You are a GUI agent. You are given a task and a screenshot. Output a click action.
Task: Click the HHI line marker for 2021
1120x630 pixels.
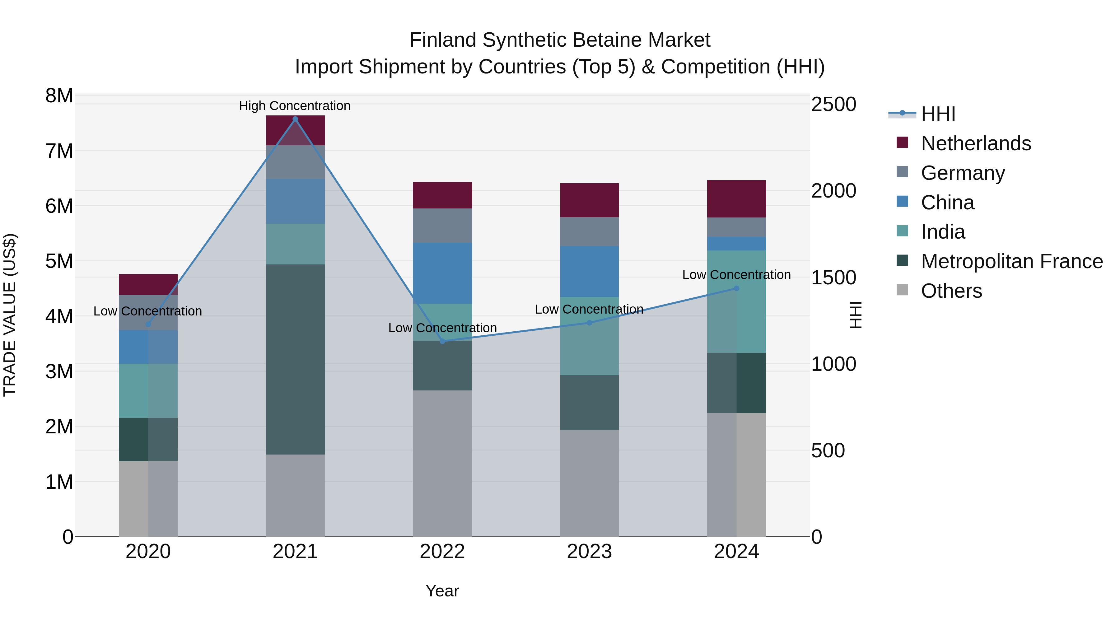pyautogui.click(x=295, y=119)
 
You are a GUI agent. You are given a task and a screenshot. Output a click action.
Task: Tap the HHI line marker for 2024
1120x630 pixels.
pyautogui.click(x=736, y=288)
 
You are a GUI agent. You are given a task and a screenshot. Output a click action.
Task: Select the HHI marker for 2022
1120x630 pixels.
pyautogui.click(x=443, y=341)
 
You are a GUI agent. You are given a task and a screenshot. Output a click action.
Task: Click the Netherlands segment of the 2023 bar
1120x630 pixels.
pyautogui.click(x=589, y=200)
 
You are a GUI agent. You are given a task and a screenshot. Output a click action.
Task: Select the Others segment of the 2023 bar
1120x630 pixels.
pyautogui.click(x=589, y=483)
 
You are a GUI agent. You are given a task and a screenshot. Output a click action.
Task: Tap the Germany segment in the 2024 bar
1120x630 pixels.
pyautogui.click(x=736, y=227)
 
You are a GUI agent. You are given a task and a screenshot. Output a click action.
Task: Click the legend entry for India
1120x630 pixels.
pyautogui.click(x=943, y=232)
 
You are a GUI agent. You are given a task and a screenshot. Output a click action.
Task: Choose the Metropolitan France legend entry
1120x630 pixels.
pyautogui.click(x=1011, y=262)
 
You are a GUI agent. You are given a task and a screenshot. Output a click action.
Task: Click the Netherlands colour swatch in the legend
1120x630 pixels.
pyautogui.click(x=902, y=142)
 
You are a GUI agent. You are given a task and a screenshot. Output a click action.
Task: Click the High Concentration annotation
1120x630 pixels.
pyautogui.click(x=295, y=106)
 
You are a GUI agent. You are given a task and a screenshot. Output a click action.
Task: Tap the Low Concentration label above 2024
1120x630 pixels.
pyautogui.click(x=736, y=275)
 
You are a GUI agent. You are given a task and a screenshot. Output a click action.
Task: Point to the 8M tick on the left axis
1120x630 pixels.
pyautogui.click(x=59, y=96)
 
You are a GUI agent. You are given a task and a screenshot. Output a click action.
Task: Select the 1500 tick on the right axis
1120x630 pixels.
pyautogui.click(x=833, y=278)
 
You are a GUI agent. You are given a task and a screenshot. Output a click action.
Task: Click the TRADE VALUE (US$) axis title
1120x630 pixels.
pyautogui.click(x=10, y=315)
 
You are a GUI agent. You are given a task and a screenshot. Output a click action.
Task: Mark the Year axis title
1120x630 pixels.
pyautogui.click(x=442, y=591)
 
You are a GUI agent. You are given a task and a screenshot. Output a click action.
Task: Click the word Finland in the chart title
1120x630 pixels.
pyautogui.click(x=443, y=40)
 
